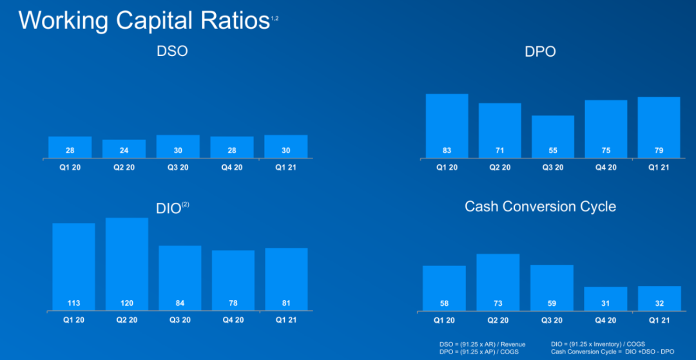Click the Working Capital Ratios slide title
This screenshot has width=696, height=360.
click(x=143, y=21)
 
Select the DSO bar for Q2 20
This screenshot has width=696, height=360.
click(x=124, y=149)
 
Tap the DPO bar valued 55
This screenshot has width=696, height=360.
click(x=552, y=137)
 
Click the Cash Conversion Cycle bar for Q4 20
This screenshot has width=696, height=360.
click(x=605, y=299)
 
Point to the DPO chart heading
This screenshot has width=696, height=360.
click(x=540, y=52)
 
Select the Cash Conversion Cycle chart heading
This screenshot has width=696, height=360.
click(x=540, y=207)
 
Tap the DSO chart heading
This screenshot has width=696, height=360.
click(x=172, y=51)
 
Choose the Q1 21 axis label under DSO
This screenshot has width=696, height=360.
click(x=285, y=167)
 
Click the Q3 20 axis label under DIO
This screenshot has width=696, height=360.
click(x=180, y=320)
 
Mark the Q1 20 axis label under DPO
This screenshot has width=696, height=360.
click(x=446, y=167)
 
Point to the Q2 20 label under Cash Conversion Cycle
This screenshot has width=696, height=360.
click(x=498, y=320)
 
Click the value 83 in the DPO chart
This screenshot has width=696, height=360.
click(x=447, y=150)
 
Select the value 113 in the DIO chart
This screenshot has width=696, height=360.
click(x=73, y=303)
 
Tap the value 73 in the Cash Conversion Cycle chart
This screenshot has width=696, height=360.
click(x=498, y=303)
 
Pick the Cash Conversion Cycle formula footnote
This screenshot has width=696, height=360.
click(x=612, y=352)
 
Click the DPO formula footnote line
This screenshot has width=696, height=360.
click(x=478, y=352)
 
